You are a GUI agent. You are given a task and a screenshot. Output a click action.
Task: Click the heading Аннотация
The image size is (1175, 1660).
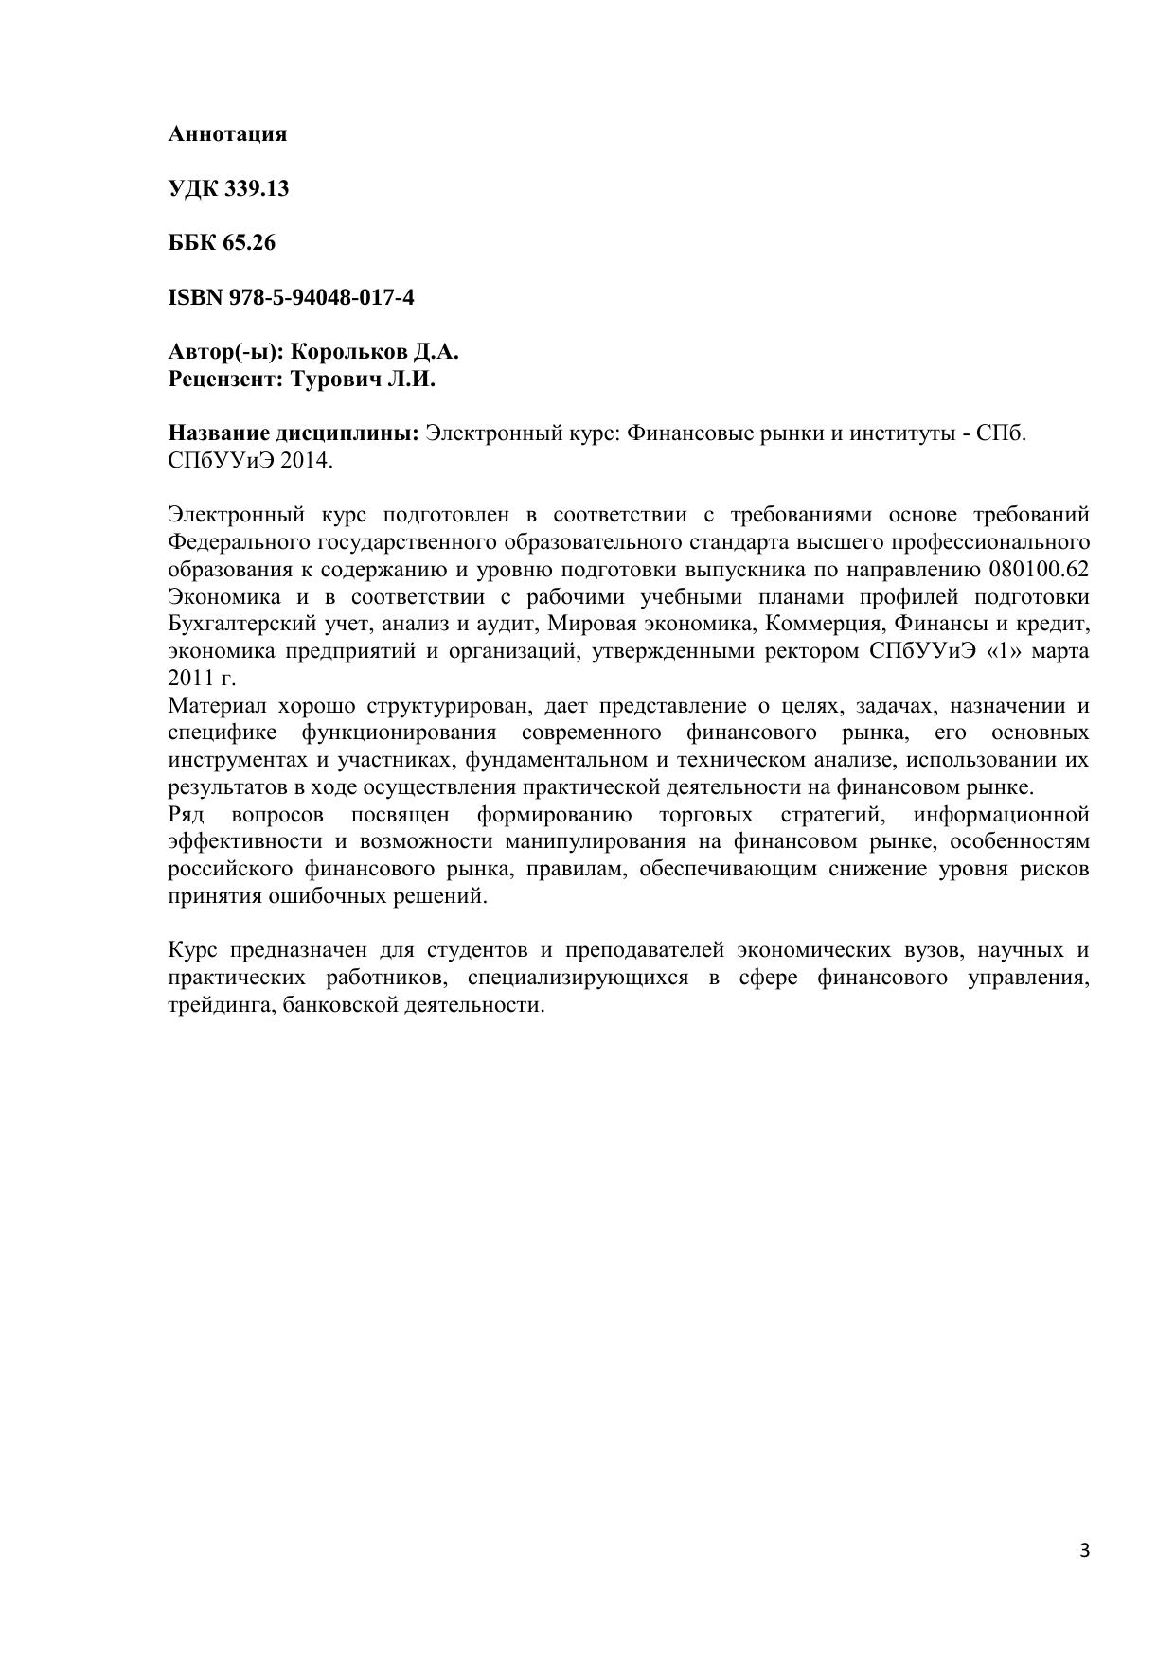pos(227,134)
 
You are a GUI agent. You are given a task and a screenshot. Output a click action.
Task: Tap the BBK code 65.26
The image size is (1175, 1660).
pos(249,243)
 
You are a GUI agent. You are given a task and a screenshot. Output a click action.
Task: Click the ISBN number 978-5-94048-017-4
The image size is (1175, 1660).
pos(321,298)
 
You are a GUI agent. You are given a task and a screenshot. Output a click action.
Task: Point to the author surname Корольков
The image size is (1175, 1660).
pos(347,352)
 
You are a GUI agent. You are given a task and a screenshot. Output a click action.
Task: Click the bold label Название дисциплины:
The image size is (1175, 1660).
pos(294,433)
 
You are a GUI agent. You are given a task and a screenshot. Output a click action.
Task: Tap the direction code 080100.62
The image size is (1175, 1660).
pos(1038,570)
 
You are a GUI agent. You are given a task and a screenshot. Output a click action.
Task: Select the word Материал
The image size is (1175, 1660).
pos(215,706)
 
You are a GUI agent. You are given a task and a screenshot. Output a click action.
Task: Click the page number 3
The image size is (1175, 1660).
pos(1084,1550)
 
